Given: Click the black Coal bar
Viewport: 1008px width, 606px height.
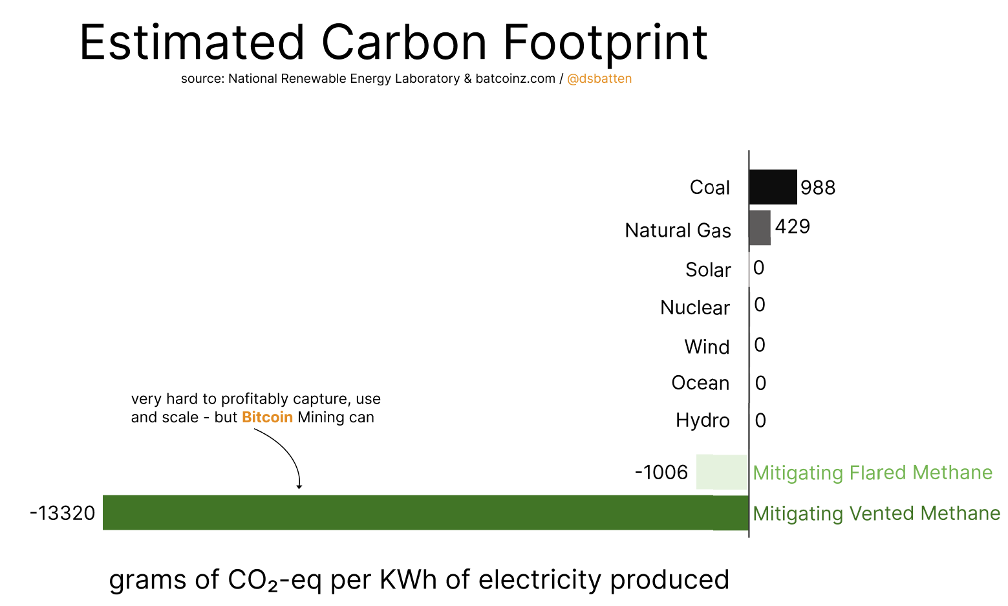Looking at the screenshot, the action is pyautogui.click(x=773, y=187).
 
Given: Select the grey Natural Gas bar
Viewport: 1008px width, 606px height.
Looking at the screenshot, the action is pyautogui.click(x=760, y=228).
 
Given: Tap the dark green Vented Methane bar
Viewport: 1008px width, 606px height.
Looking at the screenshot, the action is pyautogui.click(x=425, y=512).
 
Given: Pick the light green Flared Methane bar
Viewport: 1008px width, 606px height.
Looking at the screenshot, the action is pyautogui.click(x=722, y=472).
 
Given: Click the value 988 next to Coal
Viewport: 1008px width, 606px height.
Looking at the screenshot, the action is pyautogui.click(x=818, y=188).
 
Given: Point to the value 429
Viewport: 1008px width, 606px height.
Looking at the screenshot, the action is pyautogui.click(x=793, y=226).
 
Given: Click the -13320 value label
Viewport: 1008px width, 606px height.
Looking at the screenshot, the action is pyautogui.click(x=63, y=514).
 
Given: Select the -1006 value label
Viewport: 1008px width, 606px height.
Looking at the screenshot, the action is pyautogui.click(x=661, y=473).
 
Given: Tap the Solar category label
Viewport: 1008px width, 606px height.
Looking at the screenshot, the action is pyautogui.click(x=708, y=270).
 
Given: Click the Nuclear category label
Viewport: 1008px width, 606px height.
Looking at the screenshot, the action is pyautogui.click(x=695, y=308).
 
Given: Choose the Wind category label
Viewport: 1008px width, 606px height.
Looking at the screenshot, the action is pyautogui.click(x=707, y=347).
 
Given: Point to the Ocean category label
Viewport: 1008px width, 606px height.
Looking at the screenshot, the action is pyautogui.click(x=700, y=383).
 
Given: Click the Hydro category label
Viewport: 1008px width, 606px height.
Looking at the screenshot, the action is pyautogui.click(x=702, y=420).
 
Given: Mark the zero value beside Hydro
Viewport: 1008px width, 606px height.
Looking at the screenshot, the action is pyautogui.click(x=760, y=420).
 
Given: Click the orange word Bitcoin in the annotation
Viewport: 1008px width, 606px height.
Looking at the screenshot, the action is pyautogui.click(x=267, y=417).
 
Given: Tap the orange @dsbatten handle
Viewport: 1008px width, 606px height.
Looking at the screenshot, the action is pyautogui.click(x=599, y=79).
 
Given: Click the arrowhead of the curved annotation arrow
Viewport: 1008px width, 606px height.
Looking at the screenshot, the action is pyautogui.click(x=299, y=486).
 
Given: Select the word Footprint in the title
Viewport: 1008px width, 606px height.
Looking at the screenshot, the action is pyautogui.click(x=605, y=44).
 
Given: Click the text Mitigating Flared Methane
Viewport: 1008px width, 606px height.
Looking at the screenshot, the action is pyautogui.click(x=873, y=473).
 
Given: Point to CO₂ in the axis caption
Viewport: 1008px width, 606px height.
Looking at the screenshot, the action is pyautogui.click(x=252, y=580).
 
